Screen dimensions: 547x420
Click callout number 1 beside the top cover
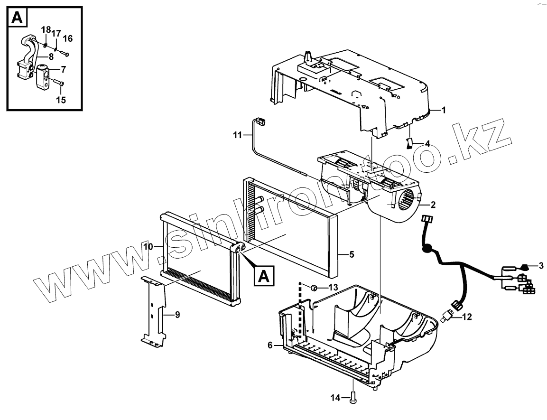[444, 111]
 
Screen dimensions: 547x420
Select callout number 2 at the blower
[433, 205]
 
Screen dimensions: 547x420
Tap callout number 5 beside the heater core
[352, 254]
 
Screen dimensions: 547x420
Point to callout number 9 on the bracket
[177, 314]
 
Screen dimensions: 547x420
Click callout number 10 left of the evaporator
[148, 247]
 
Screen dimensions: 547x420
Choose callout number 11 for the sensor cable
[237, 135]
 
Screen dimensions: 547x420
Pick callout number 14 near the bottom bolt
[335, 398]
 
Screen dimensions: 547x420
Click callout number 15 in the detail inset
[61, 100]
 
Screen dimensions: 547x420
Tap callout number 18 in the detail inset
[46, 30]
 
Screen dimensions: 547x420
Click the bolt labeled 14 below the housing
[354, 397]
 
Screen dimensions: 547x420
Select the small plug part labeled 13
[314, 287]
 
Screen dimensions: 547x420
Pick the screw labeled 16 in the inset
[65, 54]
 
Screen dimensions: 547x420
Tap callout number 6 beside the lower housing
[270, 345]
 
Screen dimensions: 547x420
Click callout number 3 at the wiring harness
[541, 264]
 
